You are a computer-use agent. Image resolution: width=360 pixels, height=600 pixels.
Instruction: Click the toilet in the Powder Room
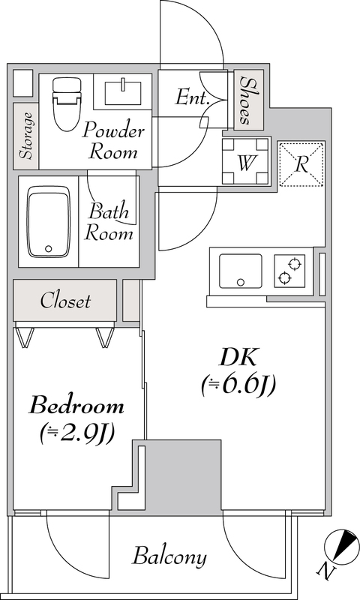click(x=67, y=104)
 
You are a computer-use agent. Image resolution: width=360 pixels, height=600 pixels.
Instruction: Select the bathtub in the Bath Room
click(x=49, y=222)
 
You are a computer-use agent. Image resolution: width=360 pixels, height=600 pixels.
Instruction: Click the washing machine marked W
click(x=247, y=161)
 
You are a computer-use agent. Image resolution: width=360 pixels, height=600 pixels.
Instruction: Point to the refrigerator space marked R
click(x=301, y=164)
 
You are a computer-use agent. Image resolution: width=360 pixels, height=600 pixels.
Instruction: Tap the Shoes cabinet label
click(x=248, y=100)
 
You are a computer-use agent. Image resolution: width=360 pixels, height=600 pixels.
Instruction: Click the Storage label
click(x=26, y=136)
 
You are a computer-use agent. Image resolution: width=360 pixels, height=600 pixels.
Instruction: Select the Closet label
click(x=65, y=301)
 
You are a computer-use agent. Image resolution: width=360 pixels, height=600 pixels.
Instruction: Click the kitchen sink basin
click(x=240, y=271)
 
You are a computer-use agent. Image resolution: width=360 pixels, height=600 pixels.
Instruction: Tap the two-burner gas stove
click(x=289, y=271)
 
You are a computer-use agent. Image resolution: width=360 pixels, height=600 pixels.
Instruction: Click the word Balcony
click(x=169, y=556)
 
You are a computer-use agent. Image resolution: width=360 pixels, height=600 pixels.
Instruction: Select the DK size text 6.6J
click(x=238, y=385)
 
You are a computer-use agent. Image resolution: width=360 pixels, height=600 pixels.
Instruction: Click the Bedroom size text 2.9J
click(x=77, y=433)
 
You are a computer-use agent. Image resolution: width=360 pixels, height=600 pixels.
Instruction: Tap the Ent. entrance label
click(x=192, y=97)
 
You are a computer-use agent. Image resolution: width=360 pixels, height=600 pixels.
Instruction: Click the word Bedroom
click(x=76, y=406)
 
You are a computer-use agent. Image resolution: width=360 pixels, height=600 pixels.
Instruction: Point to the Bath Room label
click(x=109, y=222)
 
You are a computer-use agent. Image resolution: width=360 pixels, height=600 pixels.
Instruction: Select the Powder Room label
click(x=113, y=140)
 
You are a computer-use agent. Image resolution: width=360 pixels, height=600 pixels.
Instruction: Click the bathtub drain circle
click(x=48, y=249)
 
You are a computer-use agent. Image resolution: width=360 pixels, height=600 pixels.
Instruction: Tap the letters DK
click(x=238, y=358)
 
